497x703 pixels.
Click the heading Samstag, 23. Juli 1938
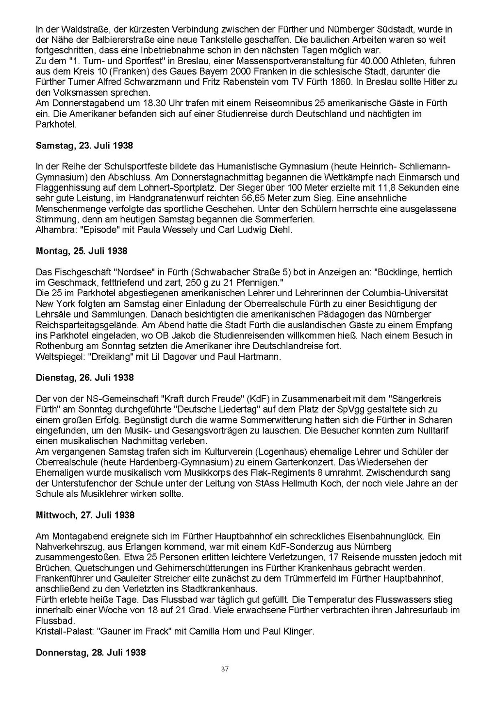[x=84, y=145]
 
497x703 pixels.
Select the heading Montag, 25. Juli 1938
[x=82, y=251]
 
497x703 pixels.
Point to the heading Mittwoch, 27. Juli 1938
[x=84, y=515]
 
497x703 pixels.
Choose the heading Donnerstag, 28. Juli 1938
[x=91, y=653]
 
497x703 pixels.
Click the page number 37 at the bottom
[x=225, y=669]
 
